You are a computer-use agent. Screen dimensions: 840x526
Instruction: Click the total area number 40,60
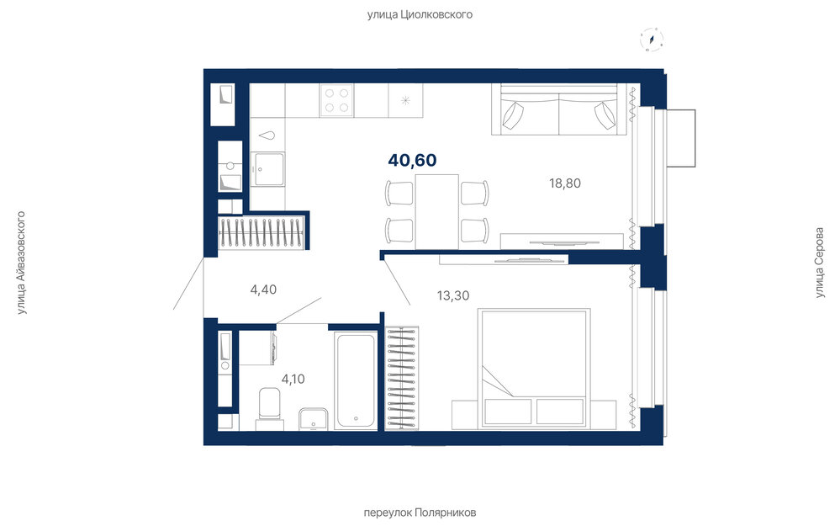pyautogui.click(x=412, y=160)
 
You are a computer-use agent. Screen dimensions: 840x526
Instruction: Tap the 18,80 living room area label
pyautogui.click(x=565, y=183)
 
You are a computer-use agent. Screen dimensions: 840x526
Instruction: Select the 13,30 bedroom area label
pyautogui.click(x=453, y=295)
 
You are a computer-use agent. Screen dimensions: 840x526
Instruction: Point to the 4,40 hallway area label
pyautogui.click(x=263, y=290)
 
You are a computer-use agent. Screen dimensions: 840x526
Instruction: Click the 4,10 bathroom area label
pyautogui.click(x=293, y=379)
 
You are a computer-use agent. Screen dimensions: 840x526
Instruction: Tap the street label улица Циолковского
pyautogui.click(x=420, y=14)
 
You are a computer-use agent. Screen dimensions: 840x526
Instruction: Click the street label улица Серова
pyautogui.click(x=820, y=263)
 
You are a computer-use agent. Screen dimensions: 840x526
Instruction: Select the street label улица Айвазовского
pyautogui.click(x=21, y=263)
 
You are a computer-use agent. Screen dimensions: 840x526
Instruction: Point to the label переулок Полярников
pyautogui.click(x=420, y=513)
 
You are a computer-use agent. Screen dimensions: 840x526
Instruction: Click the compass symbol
pyautogui.click(x=652, y=40)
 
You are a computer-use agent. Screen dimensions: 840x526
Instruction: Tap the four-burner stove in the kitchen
pyautogui.click(x=336, y=100)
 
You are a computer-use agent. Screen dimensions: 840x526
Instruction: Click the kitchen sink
pyautogui.click(x=268, y=169)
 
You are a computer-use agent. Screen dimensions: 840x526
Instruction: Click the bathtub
pyautogui.click(x=356, y=380)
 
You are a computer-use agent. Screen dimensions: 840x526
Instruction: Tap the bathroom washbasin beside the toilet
pyautogui.click(x=314, y=419)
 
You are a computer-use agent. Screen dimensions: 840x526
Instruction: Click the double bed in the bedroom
pyautogui.click(x=534, y=368)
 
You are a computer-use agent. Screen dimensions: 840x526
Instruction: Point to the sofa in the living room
pyautogui.click(x=559, y=109)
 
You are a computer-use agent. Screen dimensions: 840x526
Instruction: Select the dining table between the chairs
pyautogui.click(x=436, y=211)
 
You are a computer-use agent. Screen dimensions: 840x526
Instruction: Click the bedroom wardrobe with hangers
pyautogui.click(x=402, y=379)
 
